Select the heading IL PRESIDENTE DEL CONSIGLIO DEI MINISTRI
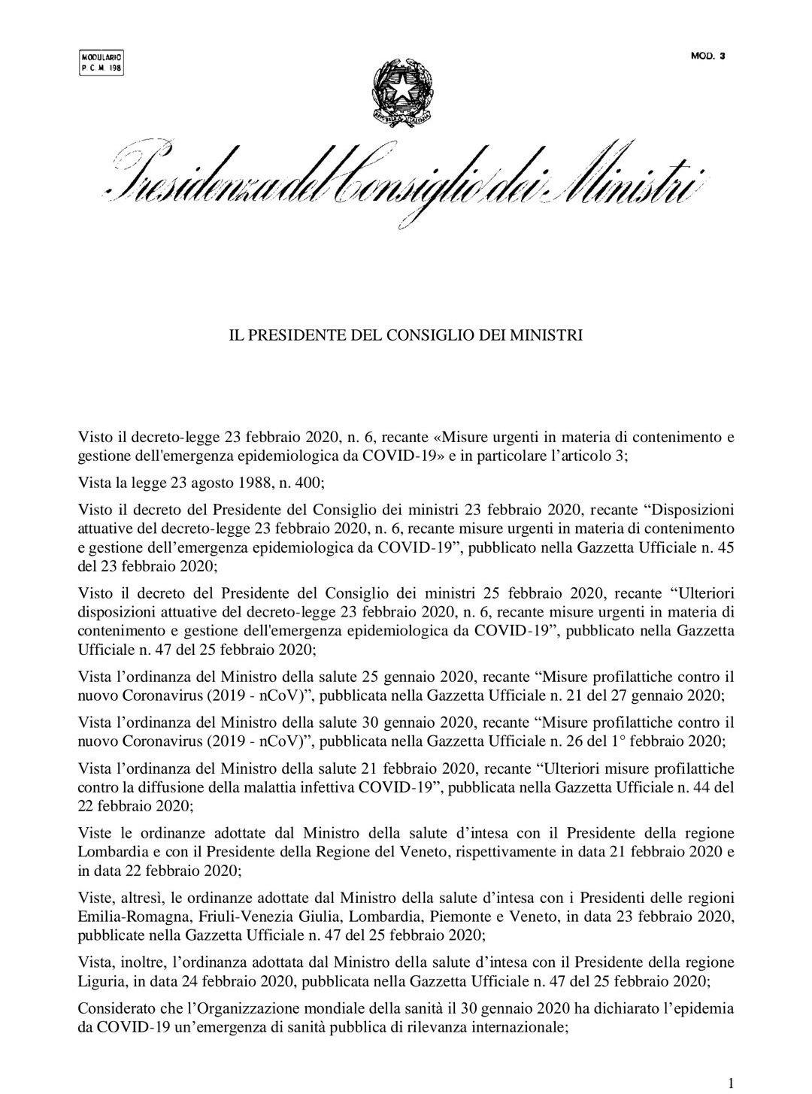point(405,335)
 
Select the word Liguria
point(103,982)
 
